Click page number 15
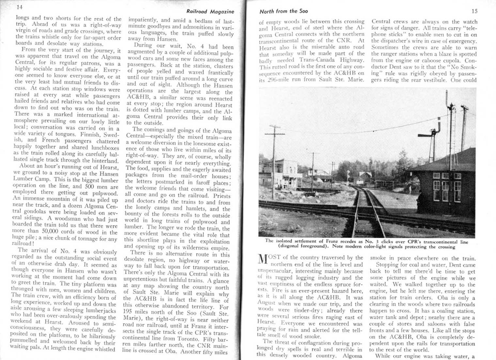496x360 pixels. click(x=474, y=11)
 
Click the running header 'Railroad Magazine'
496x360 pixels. click(x=210, y=11)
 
